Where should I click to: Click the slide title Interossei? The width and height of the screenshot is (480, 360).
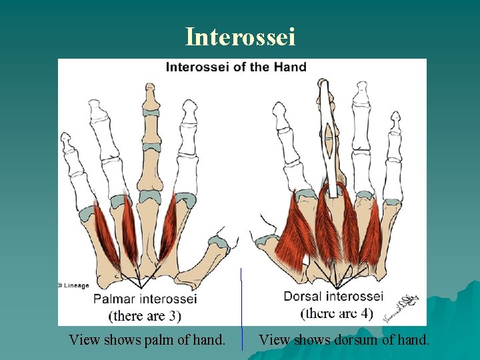(240, 37)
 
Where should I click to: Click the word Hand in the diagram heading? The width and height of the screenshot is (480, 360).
(291, 67)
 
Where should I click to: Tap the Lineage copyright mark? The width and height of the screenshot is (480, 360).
(74, 285)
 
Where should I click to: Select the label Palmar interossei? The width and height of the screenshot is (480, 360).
(145, 299)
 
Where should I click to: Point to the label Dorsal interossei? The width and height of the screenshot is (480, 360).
(333, 296)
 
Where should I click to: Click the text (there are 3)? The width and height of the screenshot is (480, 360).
(145, 315)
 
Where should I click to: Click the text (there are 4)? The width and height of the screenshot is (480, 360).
(337, 313)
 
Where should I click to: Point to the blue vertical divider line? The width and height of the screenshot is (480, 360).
(241, 307)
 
